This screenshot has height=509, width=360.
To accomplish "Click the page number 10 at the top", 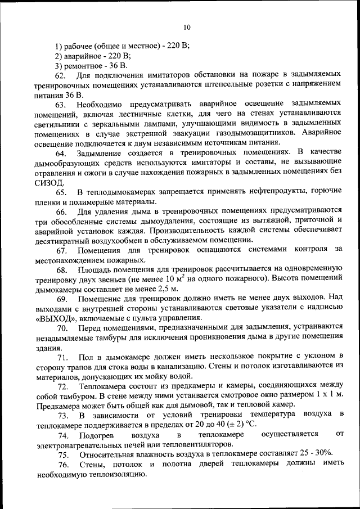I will pos(187,27).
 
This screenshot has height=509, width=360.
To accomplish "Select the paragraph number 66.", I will pos(61,211).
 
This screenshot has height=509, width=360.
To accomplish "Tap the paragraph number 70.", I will pos(61,327).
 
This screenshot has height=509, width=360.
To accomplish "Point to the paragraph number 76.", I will pos(61,464).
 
